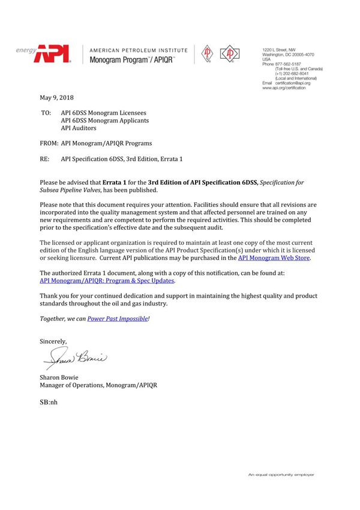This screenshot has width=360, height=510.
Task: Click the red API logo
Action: click(53, 55)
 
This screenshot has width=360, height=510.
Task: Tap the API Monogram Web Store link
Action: click(274, 257)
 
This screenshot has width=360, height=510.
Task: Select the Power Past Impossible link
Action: click(118, 319)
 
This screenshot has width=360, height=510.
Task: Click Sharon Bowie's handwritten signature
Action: click(75, 359)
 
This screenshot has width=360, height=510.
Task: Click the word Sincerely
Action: click(53, 341)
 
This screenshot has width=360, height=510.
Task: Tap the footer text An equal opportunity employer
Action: click(281, 475)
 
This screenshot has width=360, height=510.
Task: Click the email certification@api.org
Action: click(289, 83)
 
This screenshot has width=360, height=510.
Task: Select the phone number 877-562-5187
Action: click(288, 64)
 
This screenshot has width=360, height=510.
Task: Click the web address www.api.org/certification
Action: click(284, 88)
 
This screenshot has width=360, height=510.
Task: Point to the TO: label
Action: click(46, 112)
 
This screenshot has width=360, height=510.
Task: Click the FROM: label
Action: click(49, 143)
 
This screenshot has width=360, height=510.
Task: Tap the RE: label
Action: click(45, 159)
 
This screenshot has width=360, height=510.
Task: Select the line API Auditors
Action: click(78, 128)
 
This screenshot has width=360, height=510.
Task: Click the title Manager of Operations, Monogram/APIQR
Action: click(99, 385)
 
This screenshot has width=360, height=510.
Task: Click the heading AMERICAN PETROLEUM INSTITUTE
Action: click(138, 50)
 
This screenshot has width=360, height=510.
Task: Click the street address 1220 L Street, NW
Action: click(280, 49)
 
